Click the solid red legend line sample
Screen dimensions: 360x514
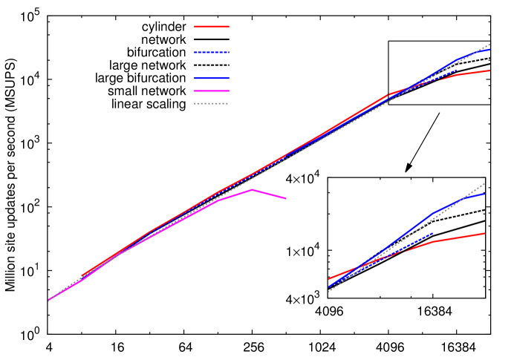pos(212,27)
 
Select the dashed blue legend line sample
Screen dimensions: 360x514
pos(212,53)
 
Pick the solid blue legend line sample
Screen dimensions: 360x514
pos(212,78)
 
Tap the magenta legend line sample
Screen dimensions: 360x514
pos(212,91)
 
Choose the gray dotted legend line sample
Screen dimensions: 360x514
pos(212,103)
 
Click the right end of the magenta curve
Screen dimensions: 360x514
pos(286,198)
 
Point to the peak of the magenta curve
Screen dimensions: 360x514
pos(252,190)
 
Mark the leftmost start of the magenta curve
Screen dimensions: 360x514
pos(49,300)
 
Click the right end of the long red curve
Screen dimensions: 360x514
pos(489,71)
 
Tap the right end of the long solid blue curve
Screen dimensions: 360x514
pos(489,50)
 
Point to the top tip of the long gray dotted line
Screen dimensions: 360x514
pos(490,44)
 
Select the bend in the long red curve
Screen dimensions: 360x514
pos(388,95)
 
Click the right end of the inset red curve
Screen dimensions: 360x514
pos(484,233)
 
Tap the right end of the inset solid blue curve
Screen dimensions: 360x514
pos(484,194)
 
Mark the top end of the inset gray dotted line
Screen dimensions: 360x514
pos(485,183)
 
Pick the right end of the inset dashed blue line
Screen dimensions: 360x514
pos(432,233)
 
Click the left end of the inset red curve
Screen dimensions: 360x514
pos(329,279)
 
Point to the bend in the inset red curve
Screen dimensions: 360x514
pos(433,242)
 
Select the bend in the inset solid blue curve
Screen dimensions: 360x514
pos(433,214)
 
